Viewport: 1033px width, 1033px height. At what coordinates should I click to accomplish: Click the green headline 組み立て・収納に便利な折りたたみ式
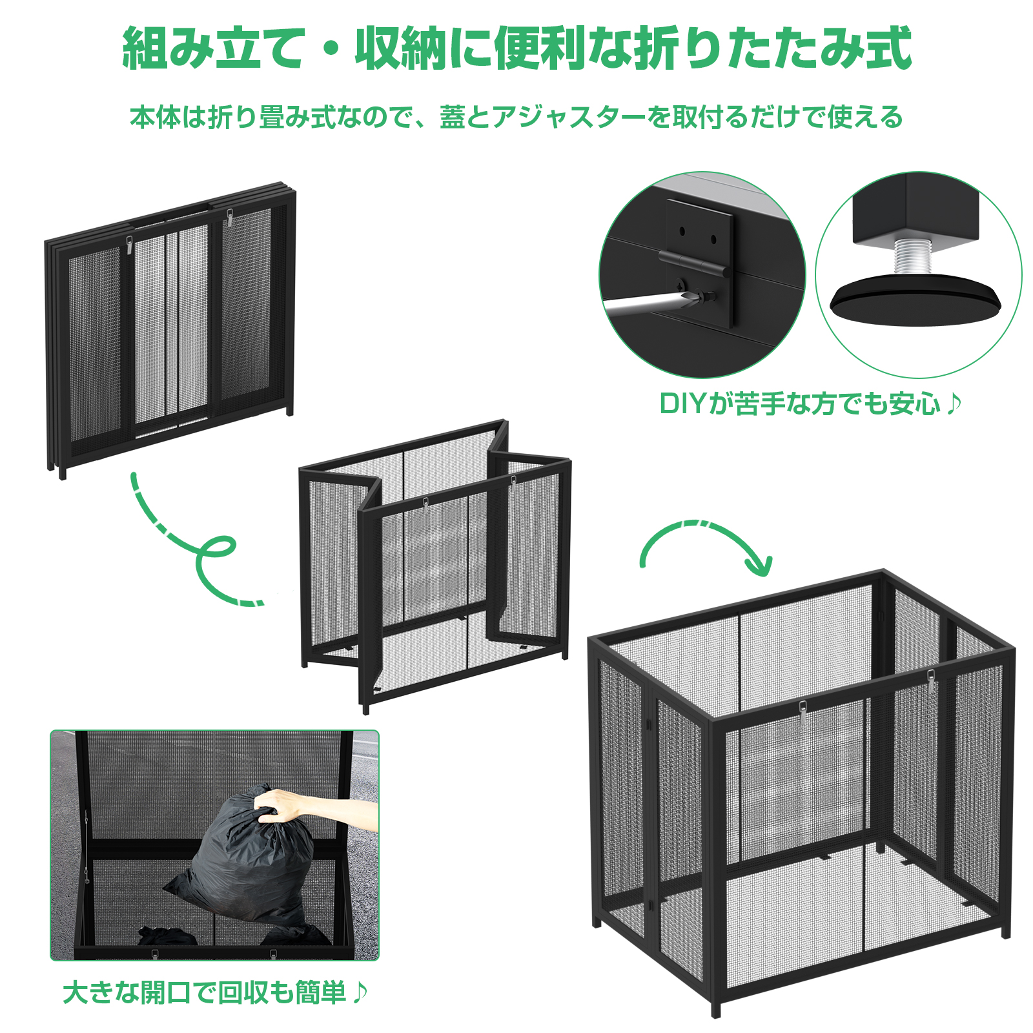(516, 48)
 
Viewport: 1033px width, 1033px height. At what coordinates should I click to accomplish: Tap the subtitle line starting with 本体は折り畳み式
(516, 117)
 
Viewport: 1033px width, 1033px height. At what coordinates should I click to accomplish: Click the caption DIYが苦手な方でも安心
(810, 404)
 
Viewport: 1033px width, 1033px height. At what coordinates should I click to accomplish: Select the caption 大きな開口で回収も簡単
(216, 993)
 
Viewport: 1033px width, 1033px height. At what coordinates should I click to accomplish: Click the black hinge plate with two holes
(700, 261)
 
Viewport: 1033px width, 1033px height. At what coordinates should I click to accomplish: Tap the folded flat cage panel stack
(170, 329)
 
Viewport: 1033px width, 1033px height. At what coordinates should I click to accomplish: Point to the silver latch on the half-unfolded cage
(426, 504)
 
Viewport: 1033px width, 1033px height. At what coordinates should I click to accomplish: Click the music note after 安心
(954, 404)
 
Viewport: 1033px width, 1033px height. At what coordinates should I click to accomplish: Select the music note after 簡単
(360, 993)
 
